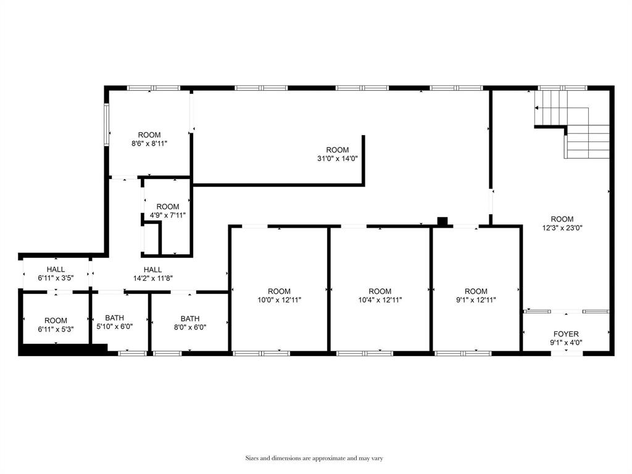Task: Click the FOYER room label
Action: click(x=565, y=334)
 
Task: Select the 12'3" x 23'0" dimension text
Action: click(x=562, y=227)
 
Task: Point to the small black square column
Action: click(x=442, y=221)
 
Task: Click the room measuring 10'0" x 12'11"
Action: click(x=279, y=296)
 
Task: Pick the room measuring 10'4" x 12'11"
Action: click(x=380, y=296)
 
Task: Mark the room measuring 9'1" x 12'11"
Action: click(x=476, y=296)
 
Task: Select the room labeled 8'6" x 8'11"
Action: click(x=149, y=139)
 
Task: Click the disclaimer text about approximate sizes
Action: click(x=315, y=458)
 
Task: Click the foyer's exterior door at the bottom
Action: click(x=567, y=353)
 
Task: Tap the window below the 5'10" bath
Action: click(x=133, y=353)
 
